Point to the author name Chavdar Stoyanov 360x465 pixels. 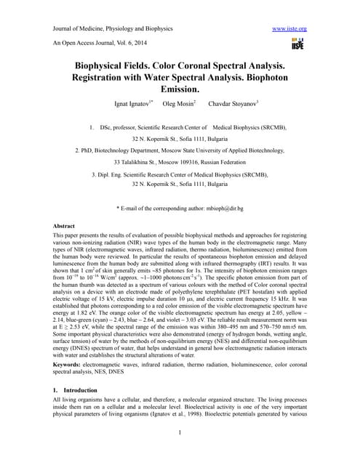pyautogui.click(x=237, y=105)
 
